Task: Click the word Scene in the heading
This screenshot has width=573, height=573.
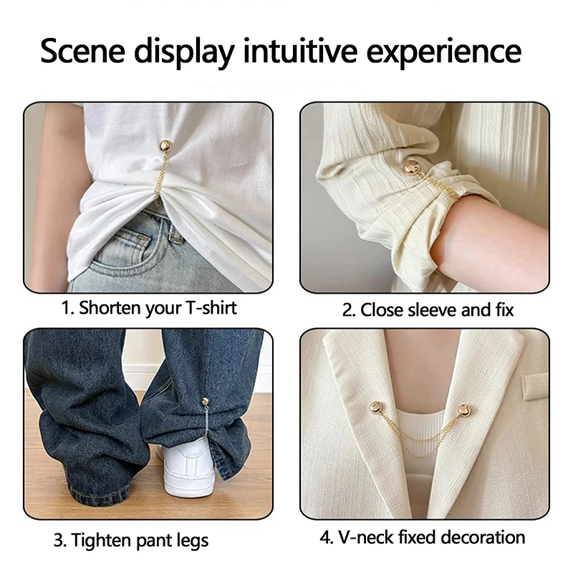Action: [83, 51]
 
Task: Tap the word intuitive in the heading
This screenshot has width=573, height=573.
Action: [300, 50]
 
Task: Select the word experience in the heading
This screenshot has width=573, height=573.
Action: [443, 53]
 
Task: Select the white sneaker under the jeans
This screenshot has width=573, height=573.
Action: [186, 470]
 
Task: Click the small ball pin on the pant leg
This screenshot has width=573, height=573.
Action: [205, 402]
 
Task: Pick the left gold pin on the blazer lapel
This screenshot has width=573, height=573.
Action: [377, 407]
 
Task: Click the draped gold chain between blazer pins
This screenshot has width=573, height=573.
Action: [420, 438]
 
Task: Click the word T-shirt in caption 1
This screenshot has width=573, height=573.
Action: [211, 308]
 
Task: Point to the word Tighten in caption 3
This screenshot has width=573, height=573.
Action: [102, 540]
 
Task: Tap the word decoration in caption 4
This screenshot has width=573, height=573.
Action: [483, 537]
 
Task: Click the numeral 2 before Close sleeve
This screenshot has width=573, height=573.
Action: [347, 310]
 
